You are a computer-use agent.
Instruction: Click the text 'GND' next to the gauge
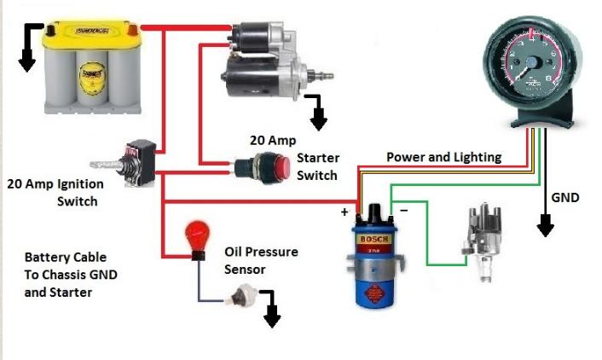(564, 198)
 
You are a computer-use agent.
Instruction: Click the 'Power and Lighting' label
(443, 157)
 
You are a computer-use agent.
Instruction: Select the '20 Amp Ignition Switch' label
(55, 193)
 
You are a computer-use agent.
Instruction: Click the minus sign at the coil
(403, 208)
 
